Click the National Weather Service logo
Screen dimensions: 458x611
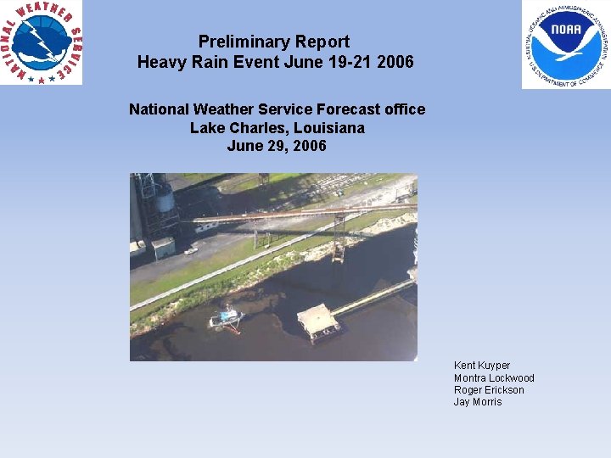tap(42, 42)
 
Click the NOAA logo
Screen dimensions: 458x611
tap(566, 44)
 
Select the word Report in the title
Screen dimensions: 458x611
tap(322, 42)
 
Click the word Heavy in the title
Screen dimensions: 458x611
tap(159, 62)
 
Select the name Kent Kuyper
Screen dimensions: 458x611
tap(482, 366)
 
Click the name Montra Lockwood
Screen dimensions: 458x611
tap(494, 378)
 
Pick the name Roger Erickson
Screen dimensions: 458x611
tap(489, 390)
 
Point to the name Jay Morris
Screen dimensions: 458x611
tap(478, 402)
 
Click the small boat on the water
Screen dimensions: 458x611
tap(226, 318)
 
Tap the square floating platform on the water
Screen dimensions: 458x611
tap(318, 321)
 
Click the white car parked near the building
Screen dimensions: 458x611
tap(190, 250)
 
